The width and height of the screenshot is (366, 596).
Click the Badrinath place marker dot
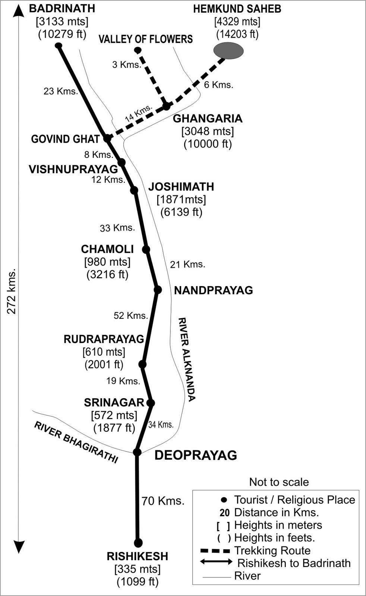pos(59,45)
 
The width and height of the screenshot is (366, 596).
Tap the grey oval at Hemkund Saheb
pos(228,51)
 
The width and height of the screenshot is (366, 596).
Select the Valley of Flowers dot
pos(138,50)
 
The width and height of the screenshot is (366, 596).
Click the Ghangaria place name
pos(208,118)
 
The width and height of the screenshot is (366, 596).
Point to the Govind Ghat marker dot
pos(107,138)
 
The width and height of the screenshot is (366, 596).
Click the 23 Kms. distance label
pos(60,91)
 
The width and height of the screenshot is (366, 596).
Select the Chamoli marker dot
pos(146,249)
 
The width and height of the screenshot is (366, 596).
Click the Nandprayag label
pos(213,290)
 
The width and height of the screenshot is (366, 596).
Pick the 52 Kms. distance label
pos(131,316)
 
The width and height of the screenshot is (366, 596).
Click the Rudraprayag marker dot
pos(142,364)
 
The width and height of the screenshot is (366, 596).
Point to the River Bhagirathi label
pos(76,442)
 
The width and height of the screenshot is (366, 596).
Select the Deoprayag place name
pos(196,455)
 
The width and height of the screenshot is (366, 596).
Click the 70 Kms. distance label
pos(163,501)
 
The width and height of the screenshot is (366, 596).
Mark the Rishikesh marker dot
pos(138,542)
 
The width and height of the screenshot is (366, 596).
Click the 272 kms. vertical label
pos(12,291)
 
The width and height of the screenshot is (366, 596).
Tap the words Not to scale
pos(279,482)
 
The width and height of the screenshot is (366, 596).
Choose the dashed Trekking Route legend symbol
pos(215,551)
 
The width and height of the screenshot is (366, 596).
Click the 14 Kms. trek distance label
pos(139,113)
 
